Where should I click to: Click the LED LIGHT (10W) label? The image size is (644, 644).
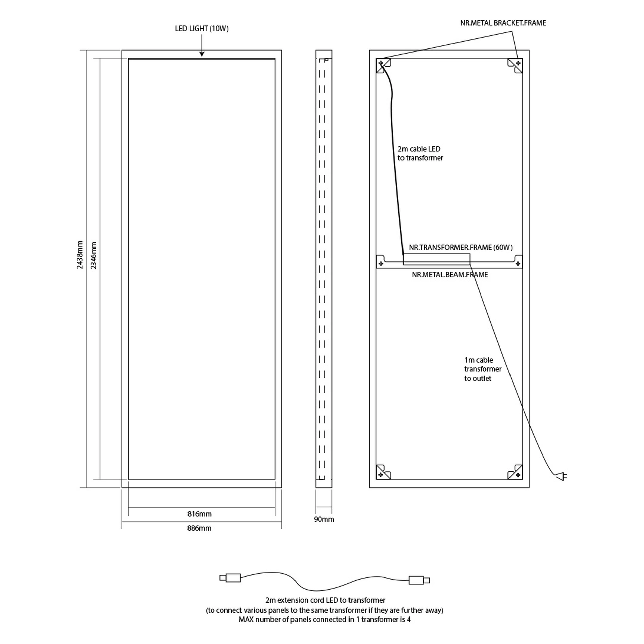pos(202,29)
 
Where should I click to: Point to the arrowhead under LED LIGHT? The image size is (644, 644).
pos(202,54)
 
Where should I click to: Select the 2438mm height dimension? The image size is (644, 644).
pos(80,255)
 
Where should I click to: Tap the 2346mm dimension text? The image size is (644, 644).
pos(94,255)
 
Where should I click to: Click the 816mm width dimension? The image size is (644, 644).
pos(199,514)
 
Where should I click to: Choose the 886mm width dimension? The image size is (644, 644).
pos(199,528)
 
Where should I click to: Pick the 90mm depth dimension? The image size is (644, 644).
pos(324,519)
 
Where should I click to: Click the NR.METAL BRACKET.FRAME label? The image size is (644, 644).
pos(503,23)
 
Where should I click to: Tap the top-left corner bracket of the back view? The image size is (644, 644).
pos(383,66)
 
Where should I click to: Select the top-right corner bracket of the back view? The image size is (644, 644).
pos(515,66)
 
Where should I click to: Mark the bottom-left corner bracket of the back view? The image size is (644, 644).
pos(383,472)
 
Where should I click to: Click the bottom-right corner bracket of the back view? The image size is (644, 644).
pos(515,472)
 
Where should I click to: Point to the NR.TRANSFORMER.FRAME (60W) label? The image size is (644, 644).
pos(461,247)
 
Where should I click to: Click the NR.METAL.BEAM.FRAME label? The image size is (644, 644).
pos(450,275)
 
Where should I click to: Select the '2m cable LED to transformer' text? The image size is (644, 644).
pos(420,153)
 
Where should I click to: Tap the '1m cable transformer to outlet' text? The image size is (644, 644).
pos(483,369)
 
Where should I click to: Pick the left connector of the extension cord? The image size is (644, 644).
pos(230,578)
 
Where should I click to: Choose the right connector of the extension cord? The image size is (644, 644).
pos(419,580)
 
